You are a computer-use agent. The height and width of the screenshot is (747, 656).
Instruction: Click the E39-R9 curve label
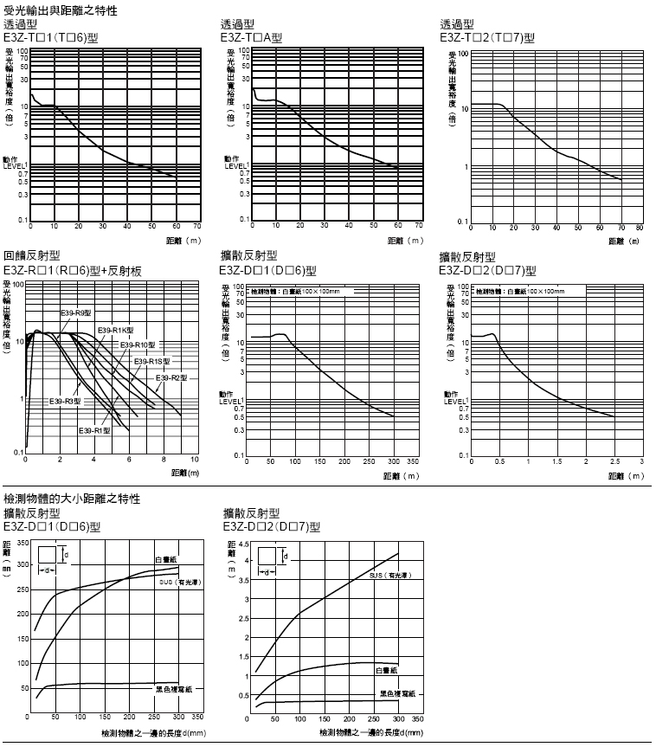(77, 312)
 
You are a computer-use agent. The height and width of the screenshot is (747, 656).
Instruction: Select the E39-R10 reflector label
(137, 345)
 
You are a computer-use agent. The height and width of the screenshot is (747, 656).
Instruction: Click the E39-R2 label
(171, 377)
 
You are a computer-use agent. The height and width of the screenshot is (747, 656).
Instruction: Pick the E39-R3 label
(66, 401)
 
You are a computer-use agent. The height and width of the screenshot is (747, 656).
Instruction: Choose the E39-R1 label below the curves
(94, 430)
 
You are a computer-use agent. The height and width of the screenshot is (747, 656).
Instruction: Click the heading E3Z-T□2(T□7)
(487, 37)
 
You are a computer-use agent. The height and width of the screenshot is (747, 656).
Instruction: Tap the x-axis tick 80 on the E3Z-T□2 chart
(640, 229)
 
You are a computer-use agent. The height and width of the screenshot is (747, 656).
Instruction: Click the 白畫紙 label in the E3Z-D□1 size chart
(166, 561)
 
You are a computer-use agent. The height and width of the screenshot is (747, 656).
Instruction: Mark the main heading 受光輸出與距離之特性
(61, 11)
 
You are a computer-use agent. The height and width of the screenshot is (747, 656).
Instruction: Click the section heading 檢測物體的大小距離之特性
(73, 499)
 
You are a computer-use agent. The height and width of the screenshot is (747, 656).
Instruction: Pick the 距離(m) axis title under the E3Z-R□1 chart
(185, 473)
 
